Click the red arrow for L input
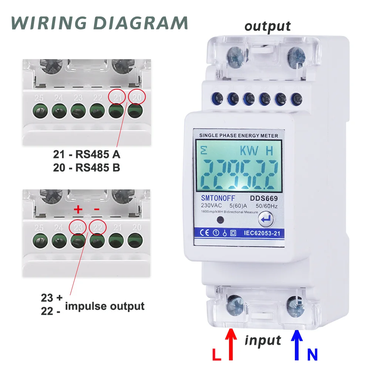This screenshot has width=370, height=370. point(231,344)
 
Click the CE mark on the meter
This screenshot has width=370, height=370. point(205,233)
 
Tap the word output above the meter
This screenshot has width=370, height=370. point(268,26)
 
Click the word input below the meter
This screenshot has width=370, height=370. point(263,340)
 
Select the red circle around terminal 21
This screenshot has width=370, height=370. point(117,97)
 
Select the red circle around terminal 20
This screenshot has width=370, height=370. point(137,97)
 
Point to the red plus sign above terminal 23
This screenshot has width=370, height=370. point(78,210)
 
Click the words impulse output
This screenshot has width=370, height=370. point(104,306)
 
